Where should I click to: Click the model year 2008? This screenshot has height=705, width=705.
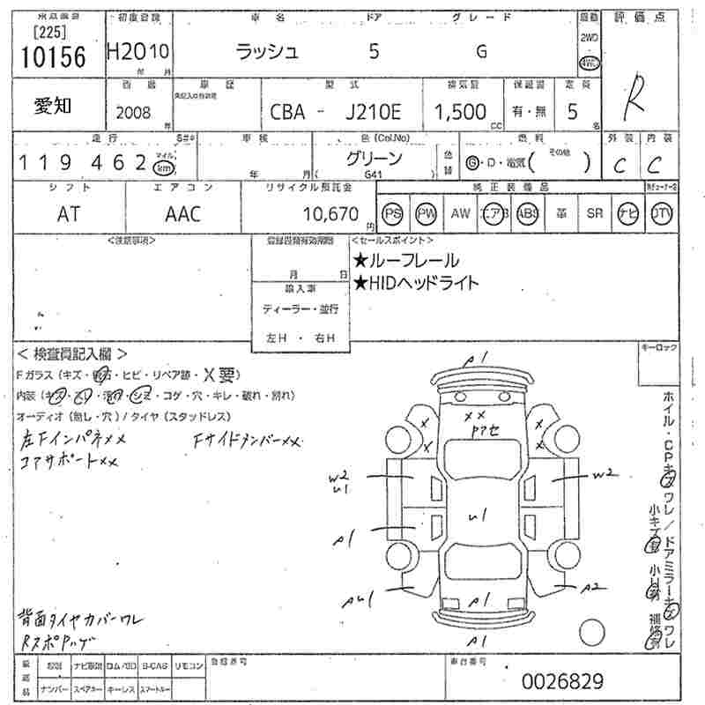coord(133,112)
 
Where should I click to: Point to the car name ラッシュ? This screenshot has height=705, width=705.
coord(268,52)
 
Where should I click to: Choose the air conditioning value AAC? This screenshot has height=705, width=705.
coord(183,214)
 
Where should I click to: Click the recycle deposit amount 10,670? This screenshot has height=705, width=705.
coord(330,214)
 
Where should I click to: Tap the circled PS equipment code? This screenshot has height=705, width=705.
coord(393,214)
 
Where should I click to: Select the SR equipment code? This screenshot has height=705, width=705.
coord(595,214)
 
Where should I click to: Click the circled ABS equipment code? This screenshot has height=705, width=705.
coord(528,214)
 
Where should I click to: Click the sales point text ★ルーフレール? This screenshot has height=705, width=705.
coord(405,260)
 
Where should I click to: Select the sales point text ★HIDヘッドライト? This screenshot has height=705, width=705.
coord(416,283)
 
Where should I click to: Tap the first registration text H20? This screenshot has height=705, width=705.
coord(125,52)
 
